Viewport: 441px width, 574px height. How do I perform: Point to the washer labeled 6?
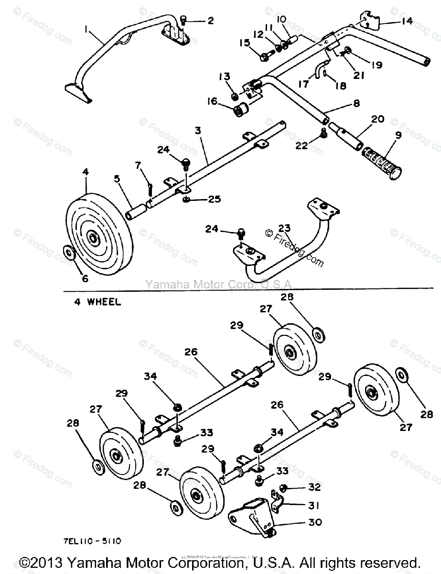(69, 252)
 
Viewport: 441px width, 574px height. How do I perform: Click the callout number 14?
(407, 21)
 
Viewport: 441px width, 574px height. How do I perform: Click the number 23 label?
(284, 228)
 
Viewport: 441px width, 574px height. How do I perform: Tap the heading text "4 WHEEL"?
(97, 302)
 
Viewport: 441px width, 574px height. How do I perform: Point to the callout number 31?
(313, 506)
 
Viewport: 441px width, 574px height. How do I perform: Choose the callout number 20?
(377, 119)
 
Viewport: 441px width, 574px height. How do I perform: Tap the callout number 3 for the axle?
(198, 130)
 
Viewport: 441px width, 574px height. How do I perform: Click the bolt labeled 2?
(184, 21)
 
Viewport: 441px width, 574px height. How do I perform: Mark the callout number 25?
(214, 198)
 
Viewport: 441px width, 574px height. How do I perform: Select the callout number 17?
(304, 84)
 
